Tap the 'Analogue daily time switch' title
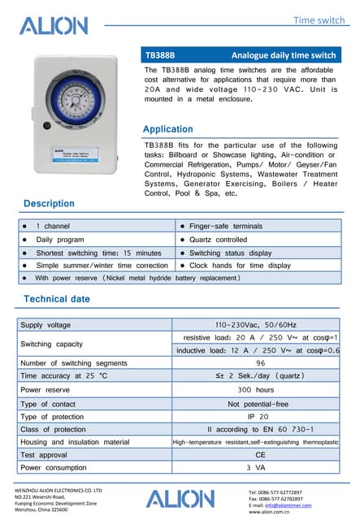pos(284,56)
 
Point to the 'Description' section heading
pos(49,203)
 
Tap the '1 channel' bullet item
pos(53,226)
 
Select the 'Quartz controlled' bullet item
pos(218,240)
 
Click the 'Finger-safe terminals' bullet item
pos(226,226)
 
